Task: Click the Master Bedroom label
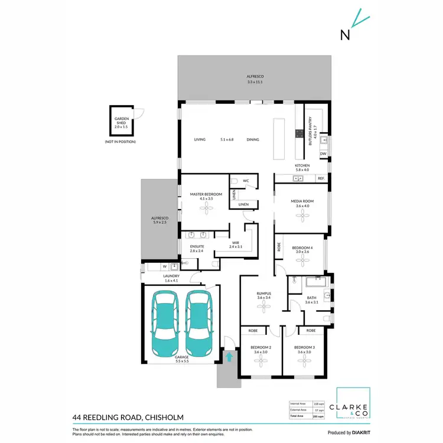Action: pyautogui.click(x=206, y=194)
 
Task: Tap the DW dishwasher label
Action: pyautogui.click(x=323, y=154)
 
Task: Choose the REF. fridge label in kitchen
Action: pyautogui.click(x=321, y=178)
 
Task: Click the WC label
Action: pyautogui.click(x=246, y=181)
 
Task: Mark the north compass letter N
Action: pyautogui.click(x=345, y=34)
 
